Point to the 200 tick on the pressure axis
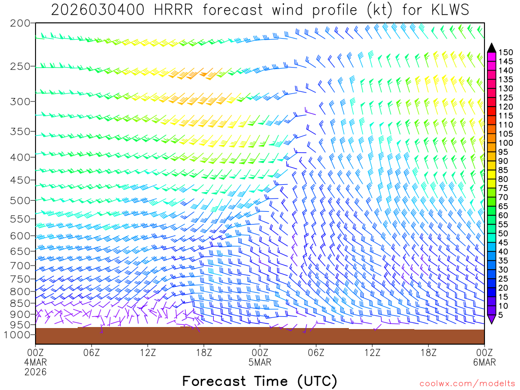pos(20,23)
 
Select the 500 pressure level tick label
pos(20,201)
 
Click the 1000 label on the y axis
pos(18,335)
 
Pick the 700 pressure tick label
pos(20,266)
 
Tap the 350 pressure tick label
pos(20,132)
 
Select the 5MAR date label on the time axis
pos(260,362)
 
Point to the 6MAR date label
pos(484,362)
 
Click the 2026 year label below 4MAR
pos(36,372)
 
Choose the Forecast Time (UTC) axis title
pos(259,381)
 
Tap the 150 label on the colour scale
pos(505,52)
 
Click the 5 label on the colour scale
pos(501,315)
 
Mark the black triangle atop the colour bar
pos(491,47)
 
